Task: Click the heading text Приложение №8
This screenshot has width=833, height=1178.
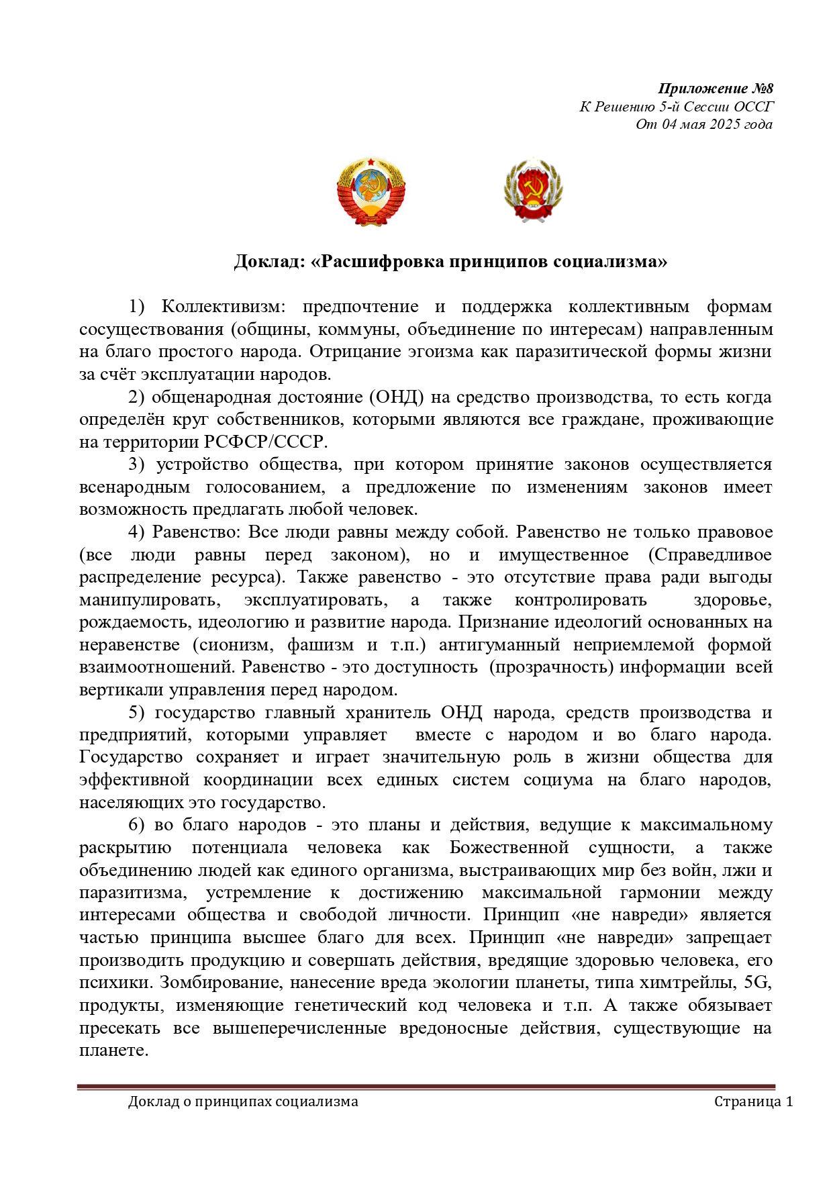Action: click(716, 89)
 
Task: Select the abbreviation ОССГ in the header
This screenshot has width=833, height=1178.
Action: click(753, 107)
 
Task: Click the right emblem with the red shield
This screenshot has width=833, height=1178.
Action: click(533, 191)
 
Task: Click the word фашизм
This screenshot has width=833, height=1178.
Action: click(320, 645)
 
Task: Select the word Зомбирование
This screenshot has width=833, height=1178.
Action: click(213, 983)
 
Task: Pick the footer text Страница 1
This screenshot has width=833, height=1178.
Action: click(753, 1101)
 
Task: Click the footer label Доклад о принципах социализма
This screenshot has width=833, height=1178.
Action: click(243, 1101)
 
